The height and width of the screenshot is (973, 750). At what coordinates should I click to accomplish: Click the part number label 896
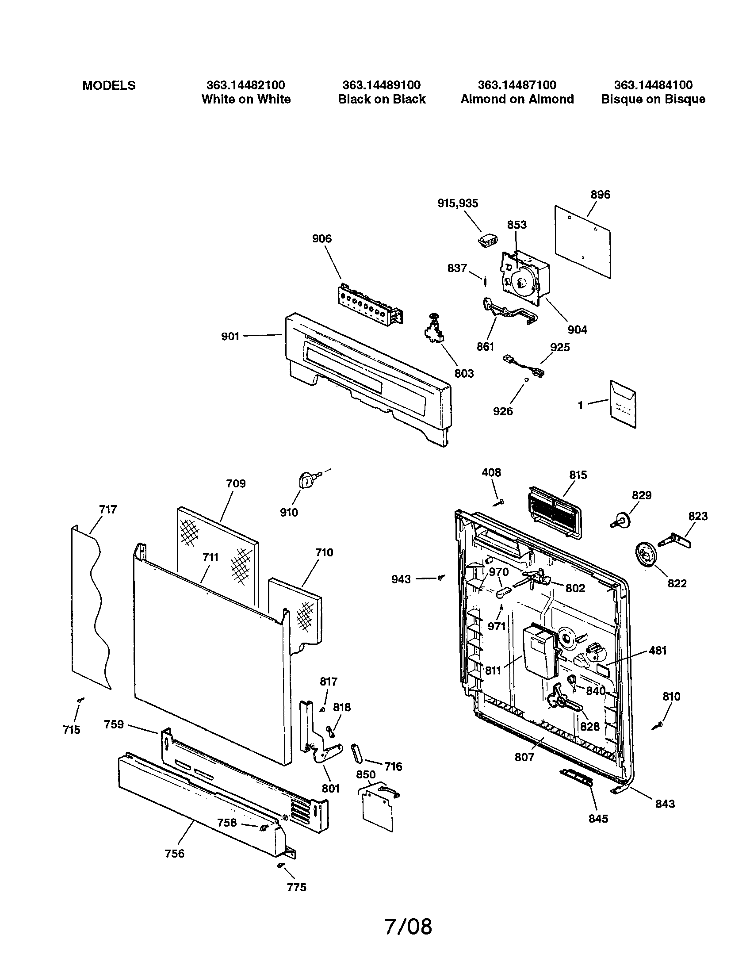(600, 195)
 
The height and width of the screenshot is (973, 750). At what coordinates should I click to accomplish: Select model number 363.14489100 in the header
(381, 85)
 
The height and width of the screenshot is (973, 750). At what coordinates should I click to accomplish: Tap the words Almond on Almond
(517, 100)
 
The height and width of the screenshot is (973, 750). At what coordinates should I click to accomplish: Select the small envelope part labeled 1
(623, 404)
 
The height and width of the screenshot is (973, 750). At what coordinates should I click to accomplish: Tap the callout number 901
(230, 337)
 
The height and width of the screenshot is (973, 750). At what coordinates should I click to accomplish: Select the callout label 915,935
(457, 203)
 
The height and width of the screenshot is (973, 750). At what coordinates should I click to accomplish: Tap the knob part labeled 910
(306, 481)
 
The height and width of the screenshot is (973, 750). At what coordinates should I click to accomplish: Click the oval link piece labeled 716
(358, 753)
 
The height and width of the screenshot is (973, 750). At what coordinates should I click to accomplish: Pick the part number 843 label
(665, 804)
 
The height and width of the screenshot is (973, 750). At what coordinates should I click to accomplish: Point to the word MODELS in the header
(109, 85)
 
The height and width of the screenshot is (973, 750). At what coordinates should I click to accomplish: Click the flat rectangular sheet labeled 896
(582, 241)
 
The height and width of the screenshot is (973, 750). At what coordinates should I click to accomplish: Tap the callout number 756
(174, 854)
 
